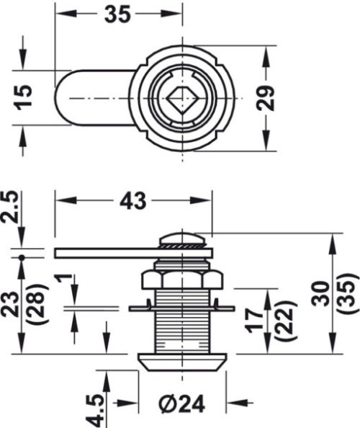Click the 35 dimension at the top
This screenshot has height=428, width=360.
pos(117,13)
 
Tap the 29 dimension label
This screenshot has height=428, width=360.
pos(268,97)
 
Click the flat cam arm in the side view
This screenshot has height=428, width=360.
pos(108,252)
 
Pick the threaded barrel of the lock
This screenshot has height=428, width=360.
pos(183,321)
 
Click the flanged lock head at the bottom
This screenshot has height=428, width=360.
pos(183,360)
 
